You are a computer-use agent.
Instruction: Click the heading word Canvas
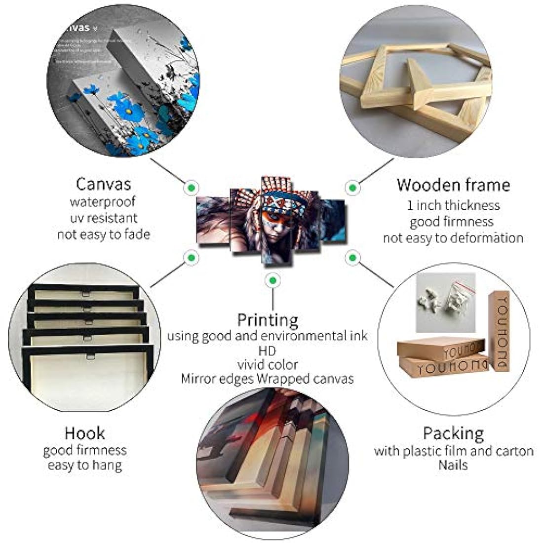103,184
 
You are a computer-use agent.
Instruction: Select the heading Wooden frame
453,185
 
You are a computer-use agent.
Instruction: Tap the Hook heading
84,433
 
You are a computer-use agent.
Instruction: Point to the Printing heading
268,320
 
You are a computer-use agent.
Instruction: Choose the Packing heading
453,433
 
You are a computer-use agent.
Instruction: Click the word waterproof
103,201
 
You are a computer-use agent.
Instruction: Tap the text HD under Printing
267,350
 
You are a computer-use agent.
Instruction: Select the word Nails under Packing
453,465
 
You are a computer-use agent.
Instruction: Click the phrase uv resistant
103,218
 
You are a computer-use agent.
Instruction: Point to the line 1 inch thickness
453,205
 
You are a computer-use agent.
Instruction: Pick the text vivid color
267,365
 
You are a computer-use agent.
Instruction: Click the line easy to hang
84,465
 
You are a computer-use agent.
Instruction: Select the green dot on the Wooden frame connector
351,187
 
